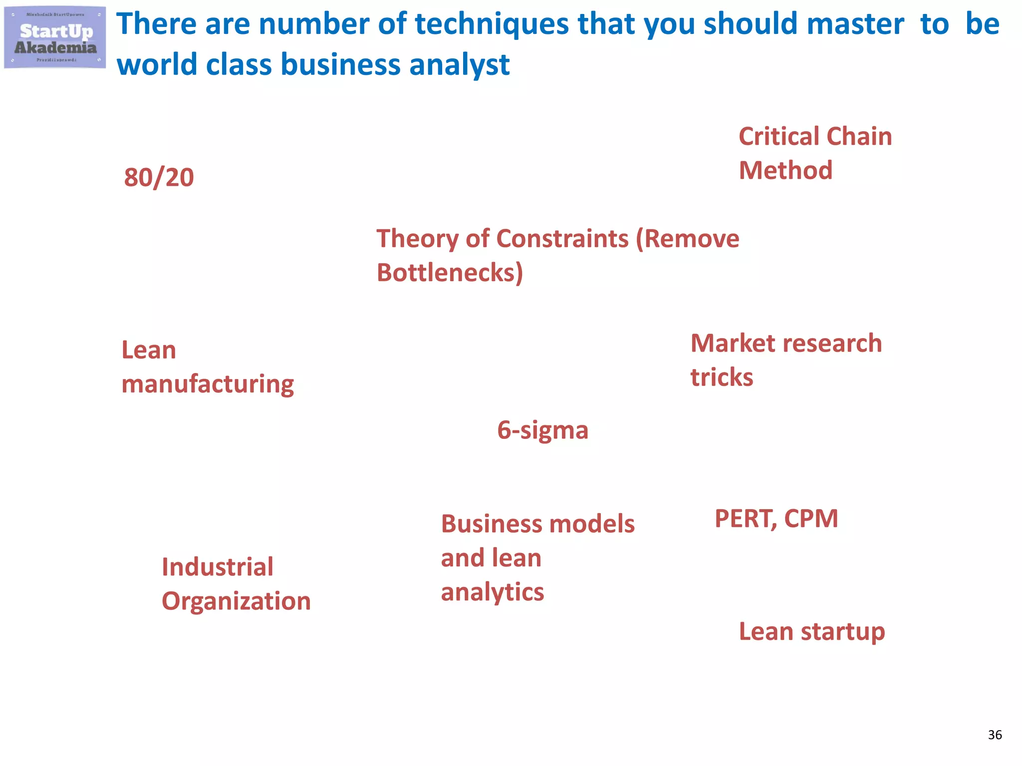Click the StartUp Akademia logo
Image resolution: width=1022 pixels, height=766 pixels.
pyautogui.click(x=55, y=37)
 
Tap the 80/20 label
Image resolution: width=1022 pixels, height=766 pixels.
pyautogui.click(x=159, y=178)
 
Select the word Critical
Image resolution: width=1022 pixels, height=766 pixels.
pyautogui.click(x=779, y=137)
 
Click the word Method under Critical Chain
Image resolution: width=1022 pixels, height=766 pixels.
pyautogui.click(x=785, y=171)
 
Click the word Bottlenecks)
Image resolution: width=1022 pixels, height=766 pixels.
pyautogui.click(x=450, y=273)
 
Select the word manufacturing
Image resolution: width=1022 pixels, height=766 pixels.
pyautogui.click(x=208, y=384)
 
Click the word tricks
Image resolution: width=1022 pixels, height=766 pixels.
pyautogui.click(x=722, y=378)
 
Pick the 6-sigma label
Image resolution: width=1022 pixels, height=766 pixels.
pyautogui.click(x=542, y=430)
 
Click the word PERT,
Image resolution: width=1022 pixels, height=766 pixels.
pyautogui.click(x=746, y=519)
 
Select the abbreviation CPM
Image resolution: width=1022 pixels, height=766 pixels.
pyautogui.click(x=811, y=519)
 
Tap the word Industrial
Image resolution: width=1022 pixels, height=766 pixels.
pyautogui.click(x=218, y=568)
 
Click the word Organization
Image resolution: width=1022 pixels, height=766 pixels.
pyautogui.click(x=236, y=601)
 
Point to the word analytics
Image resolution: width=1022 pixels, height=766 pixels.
pyautogui.click(x=492, y=592)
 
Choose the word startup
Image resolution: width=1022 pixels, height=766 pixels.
pyautogui.click(x=843, y=632)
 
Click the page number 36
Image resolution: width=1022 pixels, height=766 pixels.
pyautogui.click(x=995, y=735)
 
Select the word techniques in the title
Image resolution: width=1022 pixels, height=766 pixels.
pyautogui.click(x=492, y=24)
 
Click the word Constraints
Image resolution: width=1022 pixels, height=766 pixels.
pyautogui.click(x=562, y=239)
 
